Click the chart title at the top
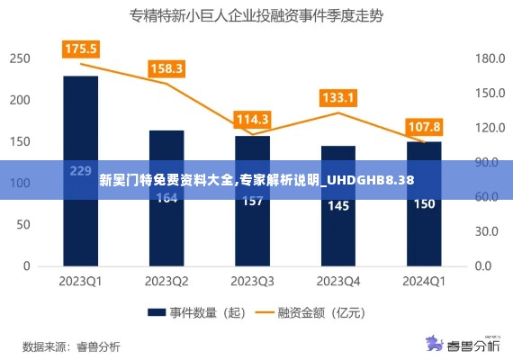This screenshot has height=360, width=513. [256, 15]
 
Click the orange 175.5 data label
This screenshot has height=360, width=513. [81, 49]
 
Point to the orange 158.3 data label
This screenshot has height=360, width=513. [166, 68]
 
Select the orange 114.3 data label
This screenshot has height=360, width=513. [252, 119]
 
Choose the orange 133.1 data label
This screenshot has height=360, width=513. [338, 97]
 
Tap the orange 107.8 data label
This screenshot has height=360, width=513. [424, 126]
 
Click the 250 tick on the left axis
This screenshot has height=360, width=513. [21, 58]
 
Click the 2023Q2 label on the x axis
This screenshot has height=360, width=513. [166, 281]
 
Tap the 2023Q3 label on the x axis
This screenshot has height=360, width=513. [252, 281]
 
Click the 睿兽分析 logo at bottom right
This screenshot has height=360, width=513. [464, 345]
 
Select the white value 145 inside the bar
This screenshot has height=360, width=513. [338, 206]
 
